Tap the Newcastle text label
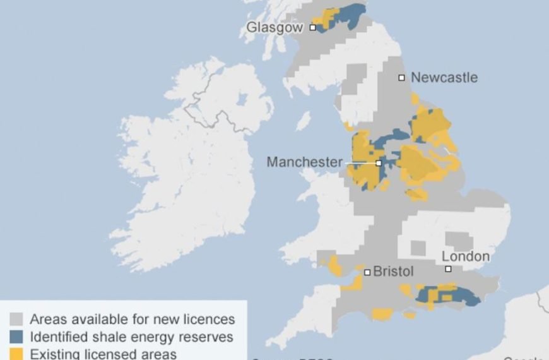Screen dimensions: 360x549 pyautogui.click(x=444, y=78)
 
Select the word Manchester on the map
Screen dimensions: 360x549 pyautogui.click(x=304, y=162)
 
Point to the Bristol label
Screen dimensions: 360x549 pyautogui.click(x=394, y=272)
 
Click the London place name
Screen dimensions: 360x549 pyautogui.click(x=465, y=256)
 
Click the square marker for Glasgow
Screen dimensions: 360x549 pyautogui.click(x=312, y=28)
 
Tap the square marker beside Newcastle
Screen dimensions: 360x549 pyautogui.click(x=401, y=78)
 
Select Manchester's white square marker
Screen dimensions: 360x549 pyautogui.click(x=379, y=163)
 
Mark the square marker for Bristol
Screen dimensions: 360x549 pyautogui.click(x=367, y=272)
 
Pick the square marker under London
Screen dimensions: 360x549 pyautogui.click(x=448, y=269)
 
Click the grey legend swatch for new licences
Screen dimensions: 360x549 pyautogui.click(x=17, y=320)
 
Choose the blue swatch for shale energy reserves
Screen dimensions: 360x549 pyautogui.click(x=17, y=337)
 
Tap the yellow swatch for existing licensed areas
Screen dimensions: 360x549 pyautogui.click(x=17, y=353)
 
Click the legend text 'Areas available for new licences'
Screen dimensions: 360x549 pyautogui.click(x=132, y=320)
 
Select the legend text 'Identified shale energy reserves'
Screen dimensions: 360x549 pyautogui.click(x=131, y=337)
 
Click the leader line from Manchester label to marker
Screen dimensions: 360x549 pyautogui.click(x=360, y=163)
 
